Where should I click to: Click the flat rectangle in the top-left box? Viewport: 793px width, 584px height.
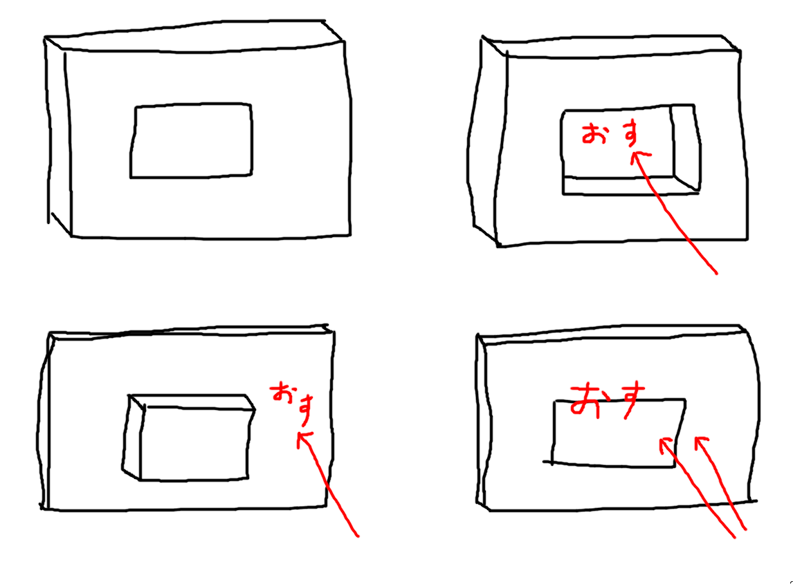pyautogui.click(x=191, y=141)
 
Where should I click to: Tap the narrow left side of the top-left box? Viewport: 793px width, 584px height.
pyautogui.click(x=58, y=136)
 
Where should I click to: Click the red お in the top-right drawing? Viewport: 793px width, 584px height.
pyautogui.click(x=594, y=133)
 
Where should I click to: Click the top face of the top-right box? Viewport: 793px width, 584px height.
pyautogui.click(x=612, y=46)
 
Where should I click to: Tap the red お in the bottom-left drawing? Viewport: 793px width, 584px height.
pyautogui.click(x=282, y=393)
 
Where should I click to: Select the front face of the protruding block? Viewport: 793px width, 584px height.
pyautogui.click(x=194, y=443)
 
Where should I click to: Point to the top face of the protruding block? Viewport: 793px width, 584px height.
pyautogui.click(x=192, y=402)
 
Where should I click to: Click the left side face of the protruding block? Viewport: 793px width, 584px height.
pyautogui.click(x=132, y=437)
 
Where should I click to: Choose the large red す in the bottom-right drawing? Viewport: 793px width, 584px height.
pyautogui.click(x=630, y=400)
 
